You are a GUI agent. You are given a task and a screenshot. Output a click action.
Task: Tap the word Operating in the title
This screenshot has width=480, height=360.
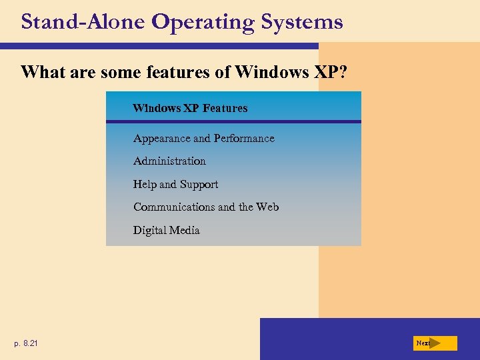[203, 23]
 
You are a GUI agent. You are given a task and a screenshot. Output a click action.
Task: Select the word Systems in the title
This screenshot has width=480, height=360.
[302, 22]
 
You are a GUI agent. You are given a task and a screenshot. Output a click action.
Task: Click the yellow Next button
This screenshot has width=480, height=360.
[436, 343]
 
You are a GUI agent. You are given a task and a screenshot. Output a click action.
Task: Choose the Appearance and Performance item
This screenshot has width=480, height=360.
[203, 139]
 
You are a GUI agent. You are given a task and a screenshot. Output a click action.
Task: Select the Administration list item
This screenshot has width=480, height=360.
[169, 161]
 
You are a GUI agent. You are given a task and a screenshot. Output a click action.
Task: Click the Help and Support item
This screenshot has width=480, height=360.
[175, 185]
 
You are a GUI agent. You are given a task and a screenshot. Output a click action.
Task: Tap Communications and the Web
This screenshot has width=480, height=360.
[206, 207]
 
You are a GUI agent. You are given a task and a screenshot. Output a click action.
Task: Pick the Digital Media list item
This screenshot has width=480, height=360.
[166, 231]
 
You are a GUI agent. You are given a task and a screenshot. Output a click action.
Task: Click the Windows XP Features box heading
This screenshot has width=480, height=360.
[190, 108]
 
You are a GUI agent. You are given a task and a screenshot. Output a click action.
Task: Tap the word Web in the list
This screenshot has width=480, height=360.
[267, 207]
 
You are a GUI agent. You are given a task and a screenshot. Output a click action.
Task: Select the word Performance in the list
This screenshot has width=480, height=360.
[243, 139]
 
